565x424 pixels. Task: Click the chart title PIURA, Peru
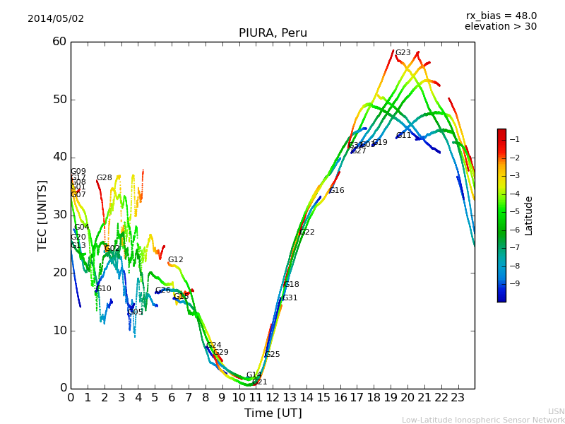click(273, 33)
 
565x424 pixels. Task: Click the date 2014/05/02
click(56, 19)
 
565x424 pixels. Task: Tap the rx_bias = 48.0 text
click(501, 16)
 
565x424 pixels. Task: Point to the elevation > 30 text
click(500, 27)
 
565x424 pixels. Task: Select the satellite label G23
click(403, 53)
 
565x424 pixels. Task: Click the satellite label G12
click(175, 260)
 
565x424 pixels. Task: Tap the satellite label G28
click(104, 178)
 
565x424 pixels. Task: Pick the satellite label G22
click(307, 232)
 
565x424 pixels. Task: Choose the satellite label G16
click(336, 191)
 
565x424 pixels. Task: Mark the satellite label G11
click(403, 136)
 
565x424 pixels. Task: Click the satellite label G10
click(103, 289)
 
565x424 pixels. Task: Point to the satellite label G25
click(272, 355)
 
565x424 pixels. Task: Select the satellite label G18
click(291, 285)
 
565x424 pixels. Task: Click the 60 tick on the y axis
click(59, 42)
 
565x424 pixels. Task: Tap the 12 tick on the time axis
click(273, 398)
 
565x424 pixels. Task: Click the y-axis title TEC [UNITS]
click(42, 215)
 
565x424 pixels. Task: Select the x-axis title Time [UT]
click(273, 413)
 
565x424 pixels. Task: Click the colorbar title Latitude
click(529, 216)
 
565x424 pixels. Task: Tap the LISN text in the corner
click(556, 411)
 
